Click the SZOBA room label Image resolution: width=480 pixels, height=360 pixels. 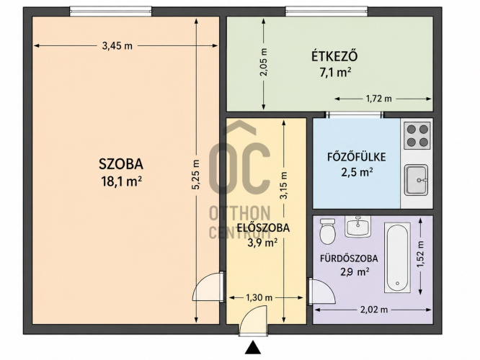121,164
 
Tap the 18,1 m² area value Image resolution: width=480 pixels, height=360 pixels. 121,181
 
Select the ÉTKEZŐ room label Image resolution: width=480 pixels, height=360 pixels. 334,56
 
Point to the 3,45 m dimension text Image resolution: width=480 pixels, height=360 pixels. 117,46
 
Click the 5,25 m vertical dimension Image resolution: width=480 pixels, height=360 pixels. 196,174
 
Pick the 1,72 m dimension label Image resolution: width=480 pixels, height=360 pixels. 378,99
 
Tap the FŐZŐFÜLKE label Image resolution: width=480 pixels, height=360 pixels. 356,157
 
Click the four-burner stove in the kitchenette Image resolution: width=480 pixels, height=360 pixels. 417,135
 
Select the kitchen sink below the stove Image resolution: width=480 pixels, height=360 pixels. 417,180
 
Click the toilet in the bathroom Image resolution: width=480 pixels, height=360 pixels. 327,231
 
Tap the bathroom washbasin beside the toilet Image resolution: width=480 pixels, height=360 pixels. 357,226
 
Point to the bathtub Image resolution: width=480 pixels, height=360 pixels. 397,258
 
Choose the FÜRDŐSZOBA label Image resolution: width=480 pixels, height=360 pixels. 349,258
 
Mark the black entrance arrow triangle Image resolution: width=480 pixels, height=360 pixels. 253,347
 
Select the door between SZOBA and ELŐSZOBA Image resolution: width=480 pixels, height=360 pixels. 208,287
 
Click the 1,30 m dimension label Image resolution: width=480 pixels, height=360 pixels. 259,297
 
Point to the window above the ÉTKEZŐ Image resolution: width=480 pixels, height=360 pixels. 326,12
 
